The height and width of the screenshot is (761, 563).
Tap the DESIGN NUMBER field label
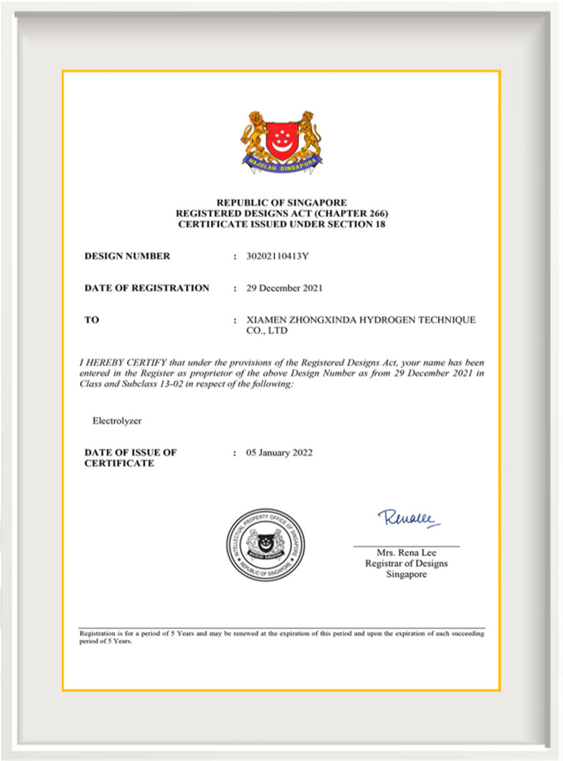[x=127, y=256]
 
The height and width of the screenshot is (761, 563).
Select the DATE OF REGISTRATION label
[x=146, y=288]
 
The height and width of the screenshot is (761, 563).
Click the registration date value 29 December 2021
[x=285, y=288]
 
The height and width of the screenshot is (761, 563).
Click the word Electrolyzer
[x=117, y=421]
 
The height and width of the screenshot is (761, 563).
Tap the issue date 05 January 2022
[x=280, y=453]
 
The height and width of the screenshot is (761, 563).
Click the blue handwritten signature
[x=408, y=518]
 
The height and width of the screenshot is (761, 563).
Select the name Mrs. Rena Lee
[x=406, y=553]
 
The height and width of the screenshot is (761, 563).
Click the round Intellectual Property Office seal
[x=266, y=544]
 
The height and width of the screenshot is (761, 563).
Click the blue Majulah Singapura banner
[x=282, y=164]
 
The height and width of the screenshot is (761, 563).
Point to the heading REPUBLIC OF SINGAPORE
[x=281, y=203]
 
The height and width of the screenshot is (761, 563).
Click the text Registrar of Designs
[x=406, y=563]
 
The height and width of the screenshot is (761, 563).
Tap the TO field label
[x=92, y=320]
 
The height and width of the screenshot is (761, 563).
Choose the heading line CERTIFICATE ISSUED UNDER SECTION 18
[x=281, y=224]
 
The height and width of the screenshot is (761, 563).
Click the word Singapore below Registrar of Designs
[x=406, y=574]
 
